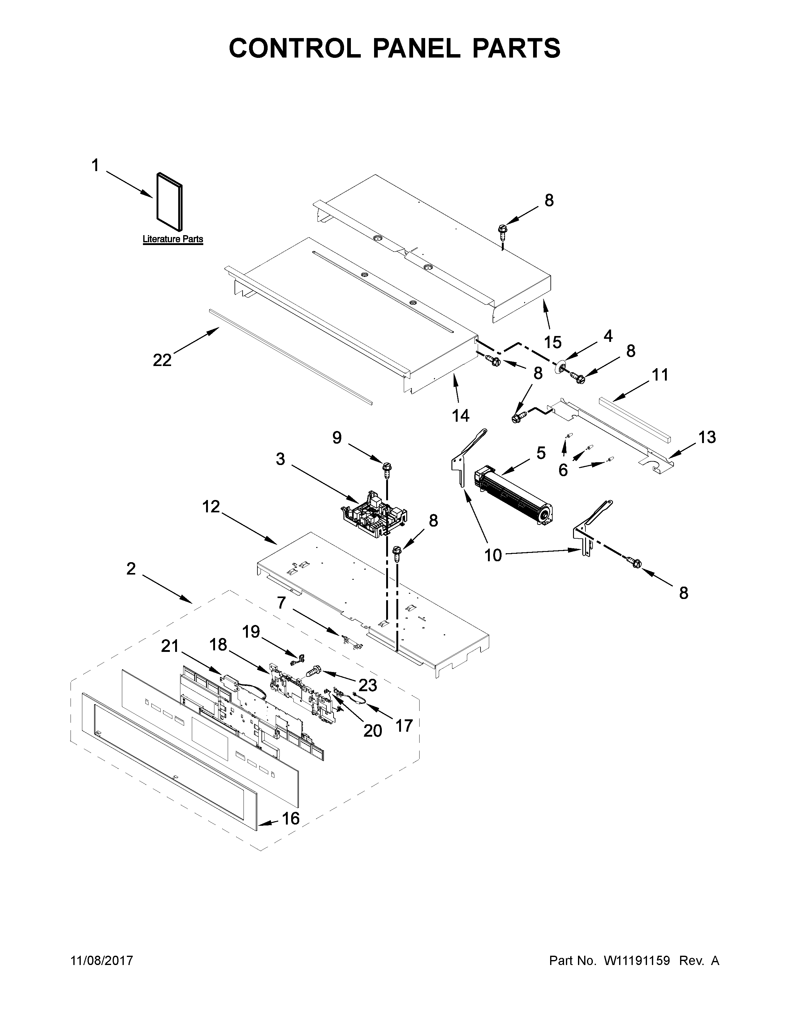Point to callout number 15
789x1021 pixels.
click(x=553, y=342)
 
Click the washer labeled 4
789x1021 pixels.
click(x=558, y=368)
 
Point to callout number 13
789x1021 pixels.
click(x=707, y=437)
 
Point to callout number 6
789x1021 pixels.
click(x=563, y=470)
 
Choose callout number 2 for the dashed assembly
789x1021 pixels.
click(x=131, y=569)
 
